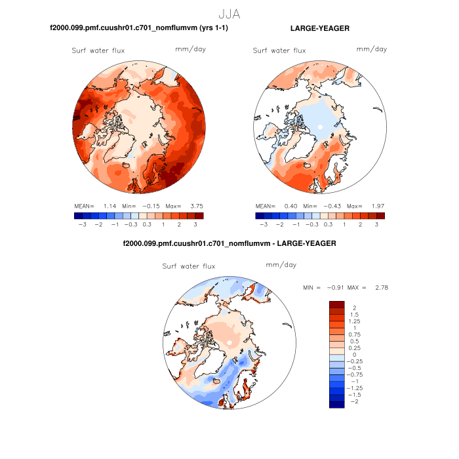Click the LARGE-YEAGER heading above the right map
[319, 29]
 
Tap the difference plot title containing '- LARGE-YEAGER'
[229, 243]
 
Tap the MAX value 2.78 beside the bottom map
[382, 287]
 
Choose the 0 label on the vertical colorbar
[351, 354]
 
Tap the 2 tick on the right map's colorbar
[360, 224]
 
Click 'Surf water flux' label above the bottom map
[189, 266]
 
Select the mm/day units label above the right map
[372, 50]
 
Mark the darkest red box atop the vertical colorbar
[336, 304]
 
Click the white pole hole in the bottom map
[229, 343]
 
